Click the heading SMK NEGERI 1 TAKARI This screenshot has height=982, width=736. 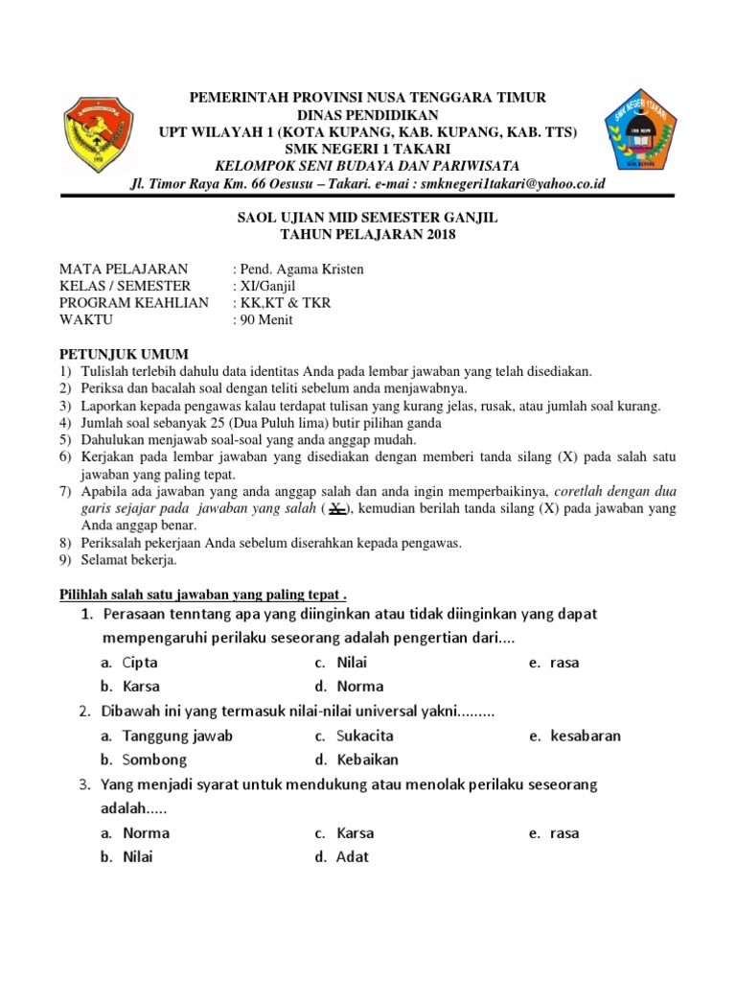(368, 148)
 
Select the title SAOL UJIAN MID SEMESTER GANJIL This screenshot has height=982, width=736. (368, 219)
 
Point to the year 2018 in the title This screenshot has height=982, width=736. (438, 235)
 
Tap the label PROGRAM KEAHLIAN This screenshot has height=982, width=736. (134, 303)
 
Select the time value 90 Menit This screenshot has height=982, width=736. (266, 320)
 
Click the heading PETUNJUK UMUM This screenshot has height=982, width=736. (125, 354)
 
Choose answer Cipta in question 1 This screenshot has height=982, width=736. (140, 663)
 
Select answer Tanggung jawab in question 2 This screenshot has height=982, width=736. (177, 736)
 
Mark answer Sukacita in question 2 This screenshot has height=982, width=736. (364, 736)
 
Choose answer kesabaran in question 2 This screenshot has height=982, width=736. (585, 736)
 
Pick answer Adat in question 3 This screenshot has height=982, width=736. (353, 857)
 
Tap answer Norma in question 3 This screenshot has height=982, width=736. (146, 833)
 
